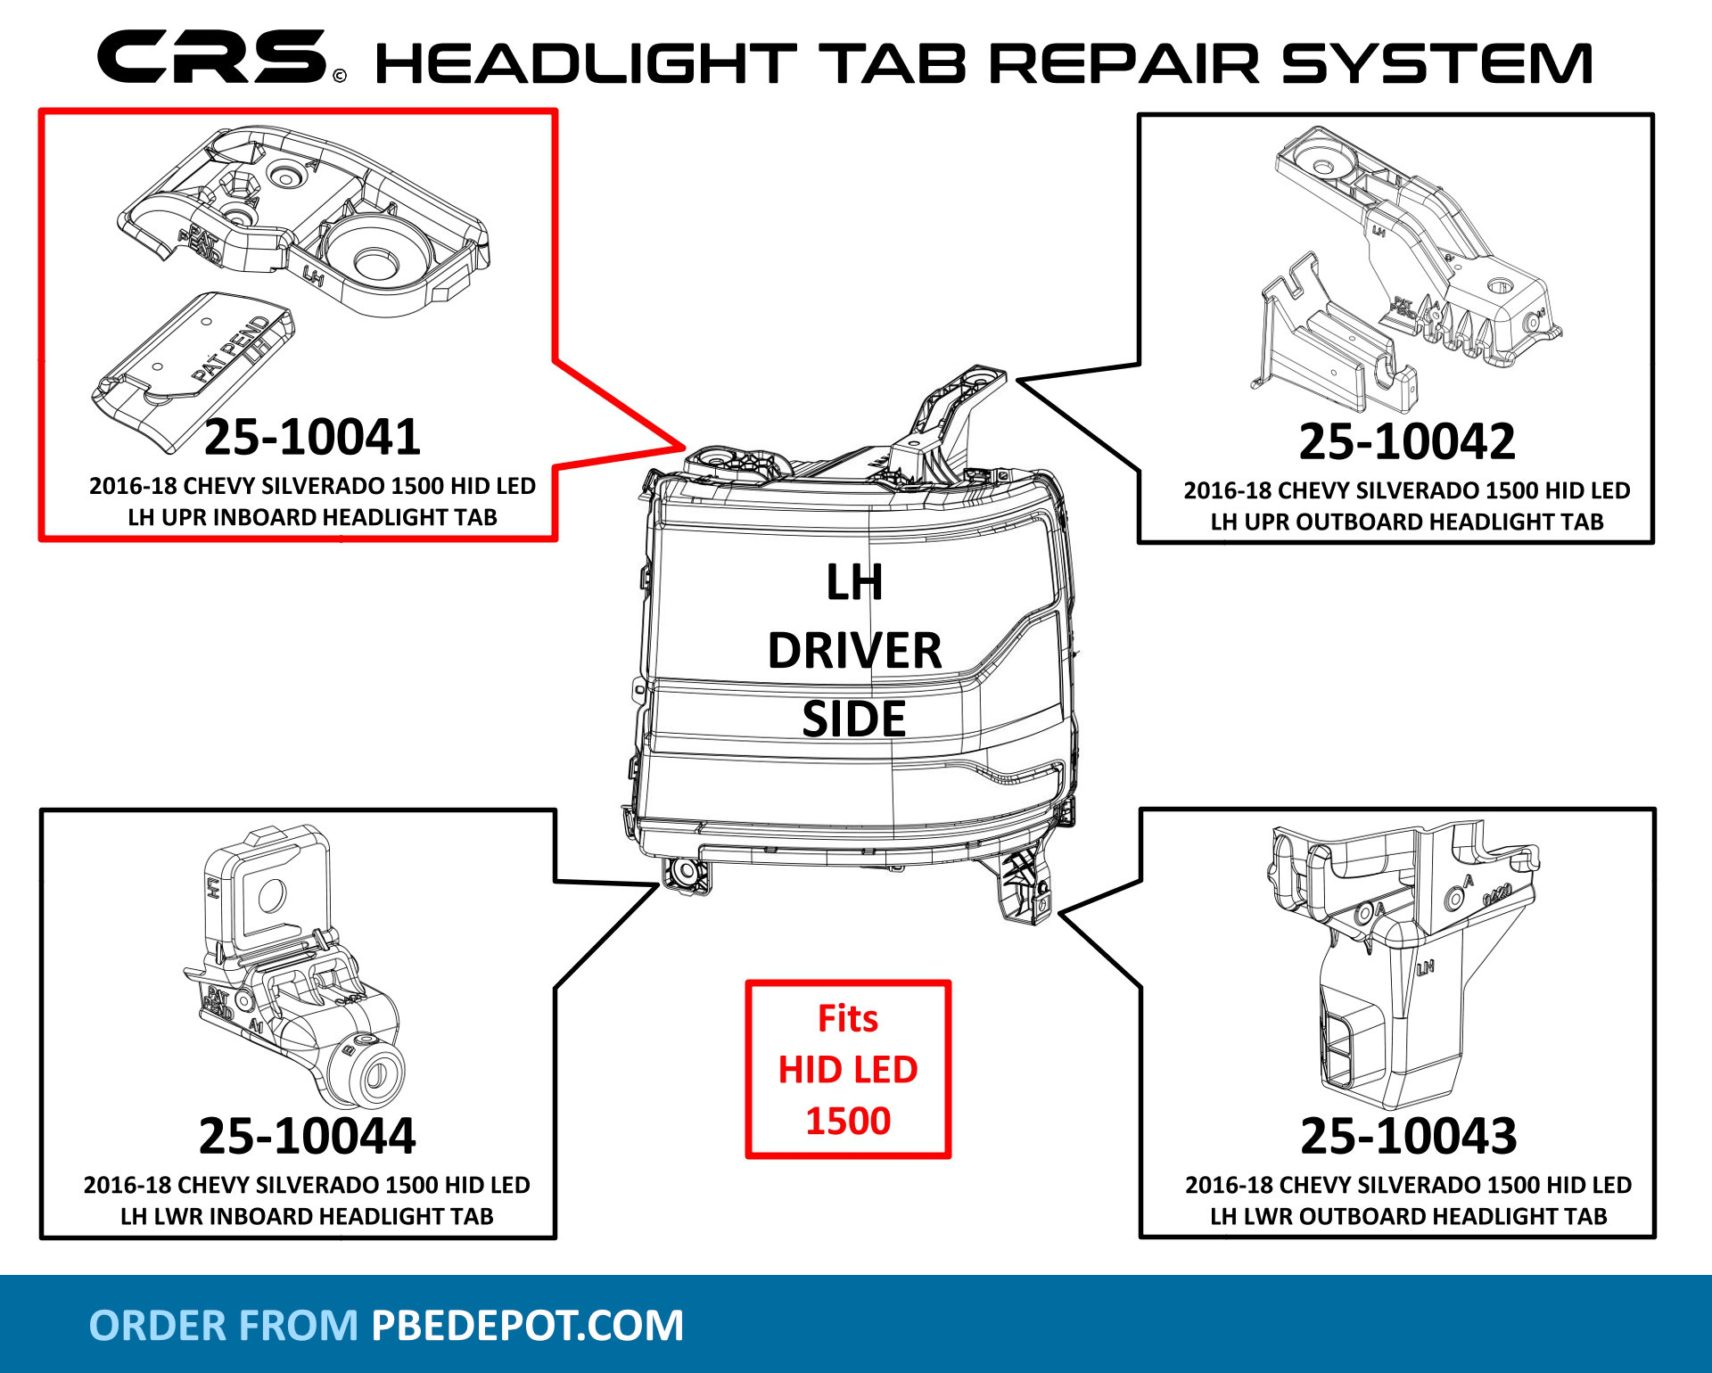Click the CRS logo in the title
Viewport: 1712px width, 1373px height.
pyautogui.click(x=212, y=57)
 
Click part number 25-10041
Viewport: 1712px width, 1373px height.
pyautogui.click(x=312, y=437)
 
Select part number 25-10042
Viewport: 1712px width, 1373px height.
pyautogui.click(x=1407, y=441)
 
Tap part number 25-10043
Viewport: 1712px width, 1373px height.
pyautogui.click(x=1409, y=1136)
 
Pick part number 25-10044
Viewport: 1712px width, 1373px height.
pyautogui.click(x=307, y=1136)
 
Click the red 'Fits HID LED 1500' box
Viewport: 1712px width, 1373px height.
pyautogui.click(x=848, y=1069)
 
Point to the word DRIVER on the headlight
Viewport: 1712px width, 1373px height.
pyautogui.click(x=854, y=651)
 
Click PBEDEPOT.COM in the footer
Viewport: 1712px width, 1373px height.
pyautogui.click(x=527, y=1326)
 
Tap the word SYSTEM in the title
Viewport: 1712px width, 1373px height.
pyautogui.click(x=1436, y=64)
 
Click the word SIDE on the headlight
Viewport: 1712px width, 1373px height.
pyautogui.click(x=853, y=719)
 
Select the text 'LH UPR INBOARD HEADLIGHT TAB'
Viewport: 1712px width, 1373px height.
pyautogui.click(x=312, y=517)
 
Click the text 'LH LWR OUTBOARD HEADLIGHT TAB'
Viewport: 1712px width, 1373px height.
pyautogui.click(x=1408, y=1216)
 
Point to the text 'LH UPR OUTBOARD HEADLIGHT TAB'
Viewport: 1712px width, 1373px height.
pyautogui.click(x=1407, y=522)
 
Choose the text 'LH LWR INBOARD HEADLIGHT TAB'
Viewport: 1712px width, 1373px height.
pyautogui.click(x=307, y=1216)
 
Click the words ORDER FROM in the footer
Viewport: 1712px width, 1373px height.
pyautogui.click(x=223, y=1326)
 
